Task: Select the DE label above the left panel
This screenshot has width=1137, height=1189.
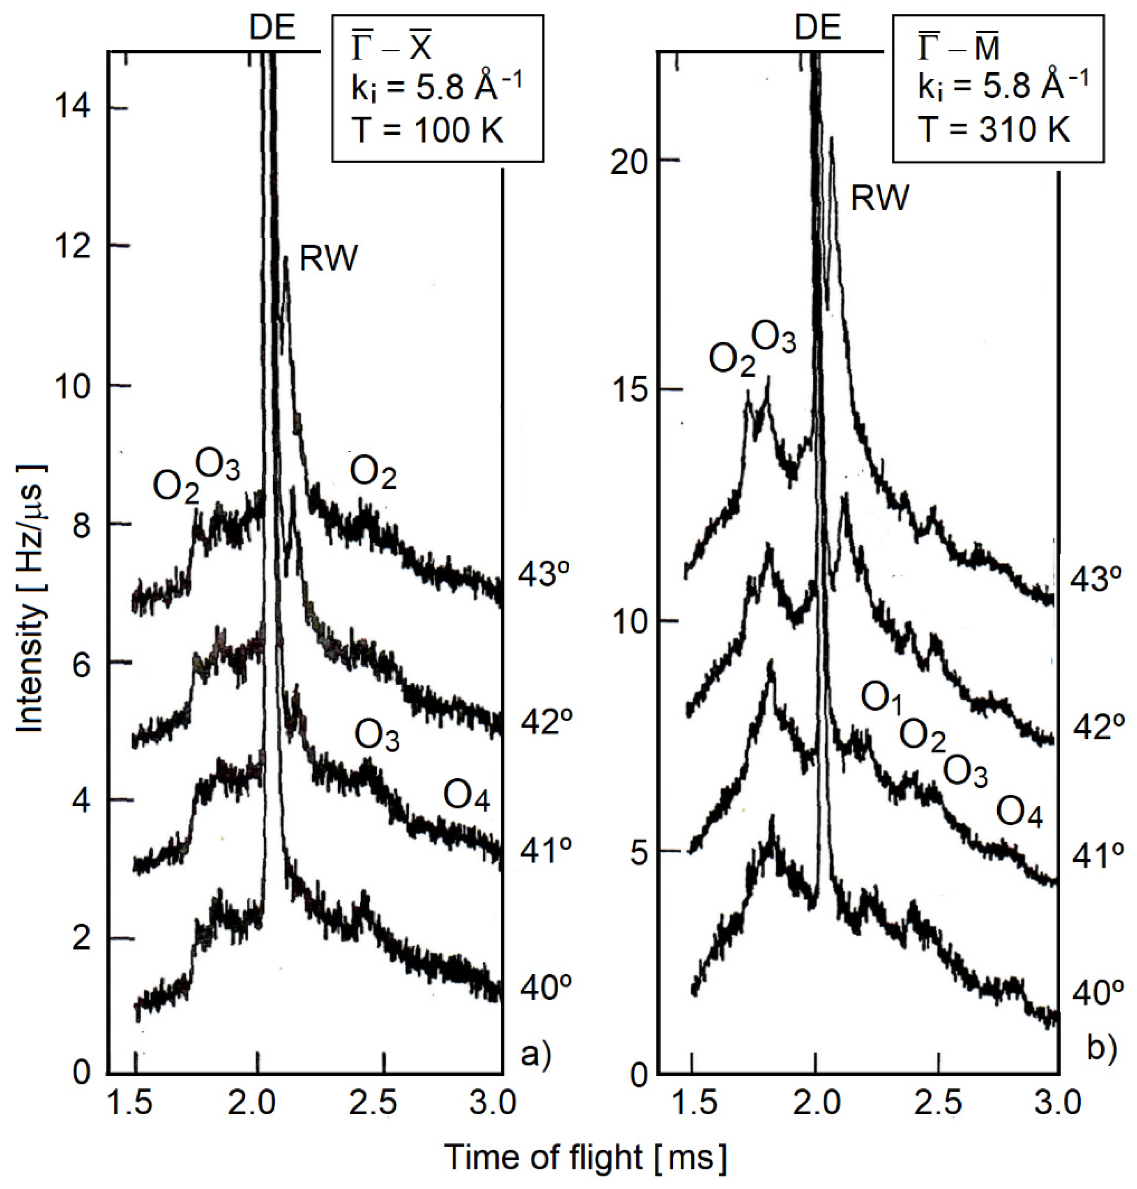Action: (x=273, y=27)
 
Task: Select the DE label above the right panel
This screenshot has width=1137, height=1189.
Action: (x=818, y=27)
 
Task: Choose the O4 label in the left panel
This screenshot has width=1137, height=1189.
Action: (x=466, y=796)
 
